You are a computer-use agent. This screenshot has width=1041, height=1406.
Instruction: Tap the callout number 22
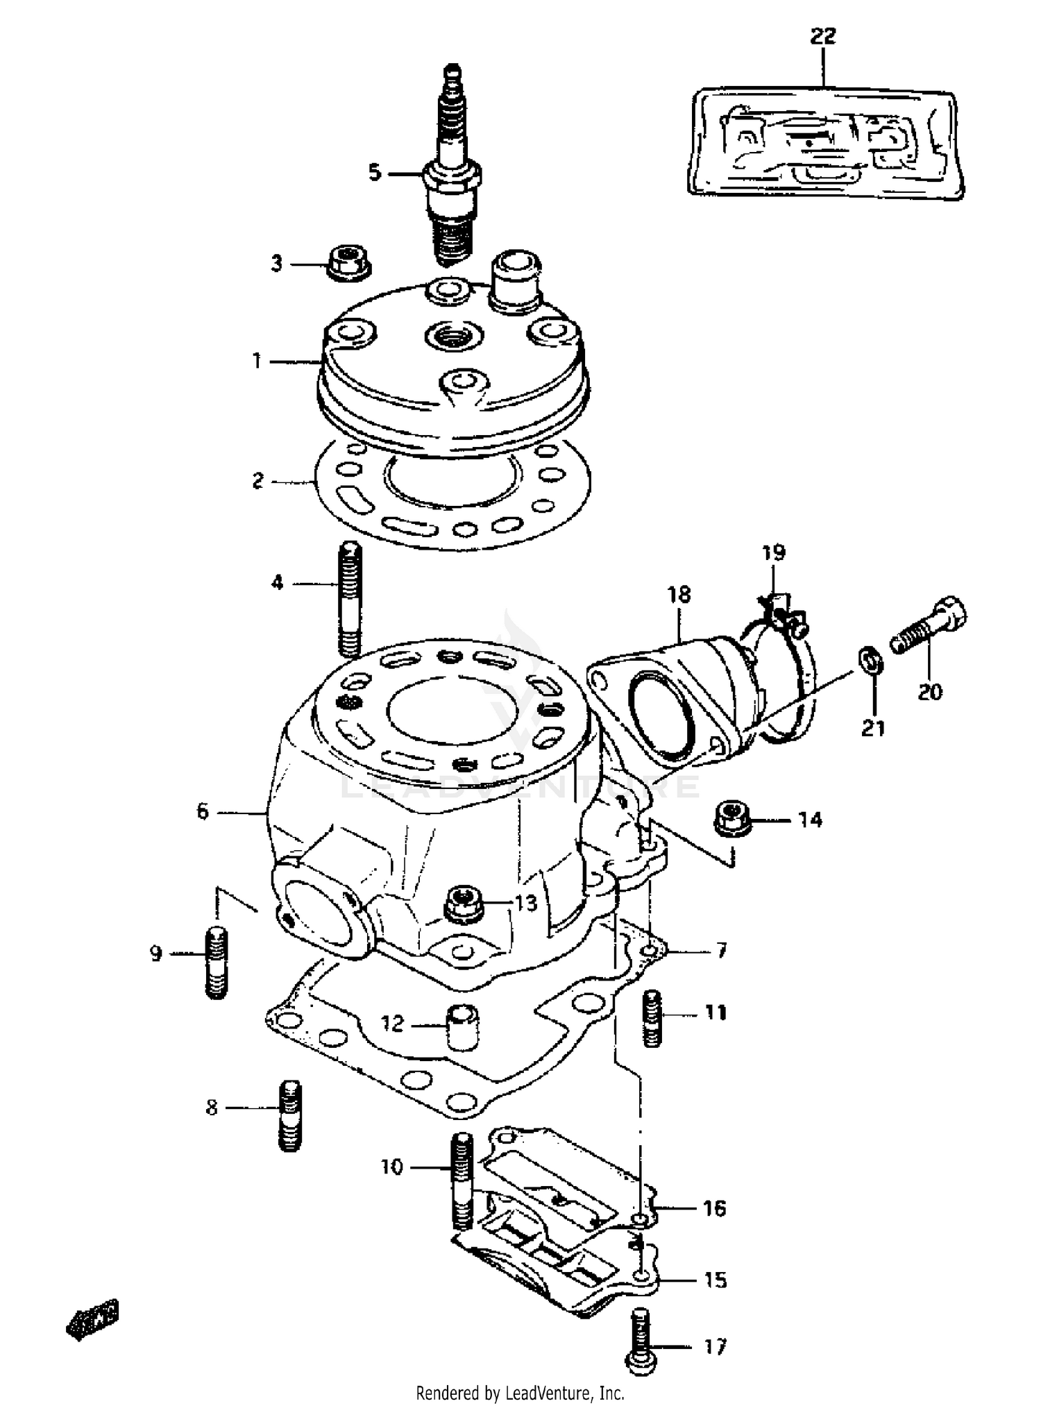click(x=823, y=36)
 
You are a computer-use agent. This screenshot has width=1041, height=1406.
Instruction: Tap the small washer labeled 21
click(x=871, y=659)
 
